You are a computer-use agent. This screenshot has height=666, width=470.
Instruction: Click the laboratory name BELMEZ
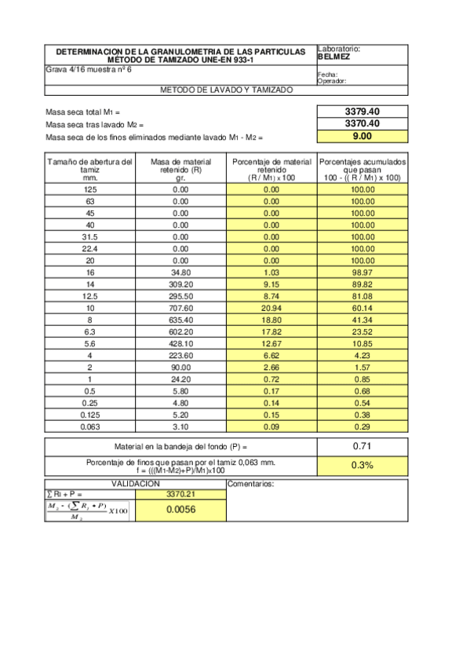tap(334, 57)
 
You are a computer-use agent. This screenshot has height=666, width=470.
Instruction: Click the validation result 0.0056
tap(180, 510)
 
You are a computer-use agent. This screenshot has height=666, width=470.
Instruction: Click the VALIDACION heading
tap(136, 484)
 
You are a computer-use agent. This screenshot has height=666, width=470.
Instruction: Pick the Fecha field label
tap(327, 74)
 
